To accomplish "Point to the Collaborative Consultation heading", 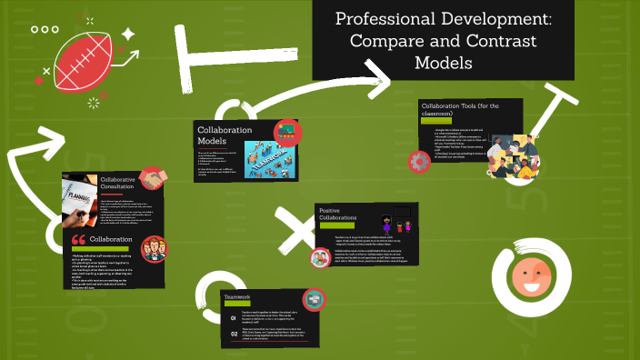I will pyautogui.click(x=118, y=185).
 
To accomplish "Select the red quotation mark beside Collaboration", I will pyautogui.click(x=78, y=242).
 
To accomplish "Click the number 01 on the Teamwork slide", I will pyautogui.click(x=234, y=318).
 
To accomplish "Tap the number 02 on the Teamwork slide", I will pyautogui.click(x=234, y=333).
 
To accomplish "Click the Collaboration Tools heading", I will pyautogui.click(x=457, y=109).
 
